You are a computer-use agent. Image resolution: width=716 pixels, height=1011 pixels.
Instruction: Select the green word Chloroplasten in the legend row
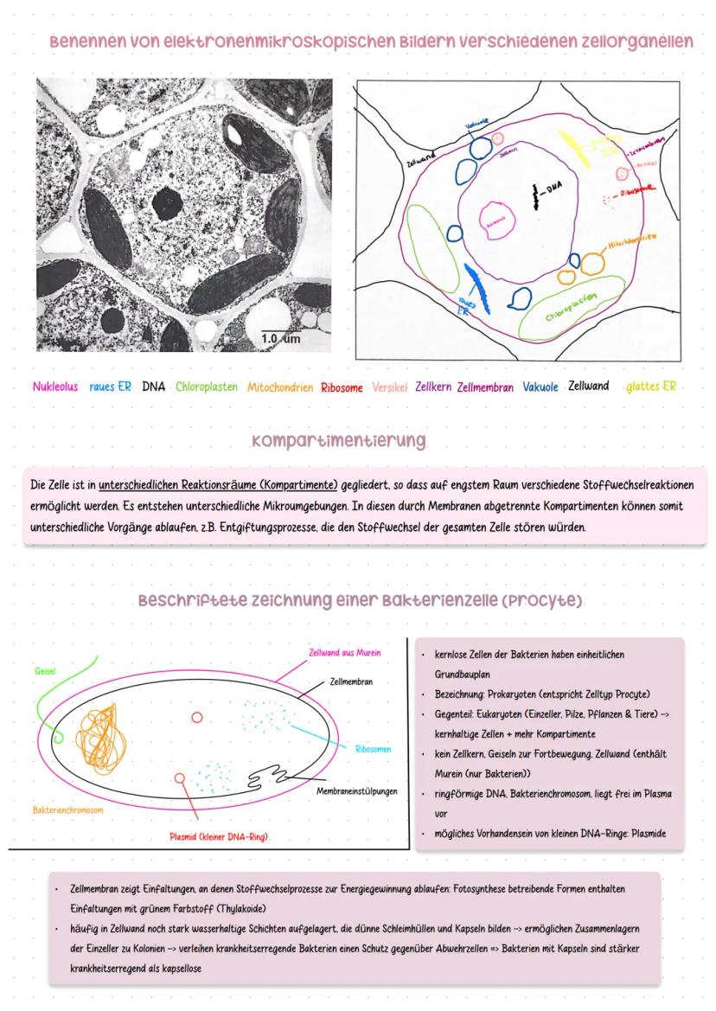point(206,387)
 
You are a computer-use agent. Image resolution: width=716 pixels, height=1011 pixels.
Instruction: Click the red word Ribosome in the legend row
point(342,387)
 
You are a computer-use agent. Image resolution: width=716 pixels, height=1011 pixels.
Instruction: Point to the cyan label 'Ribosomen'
point(374,749)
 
